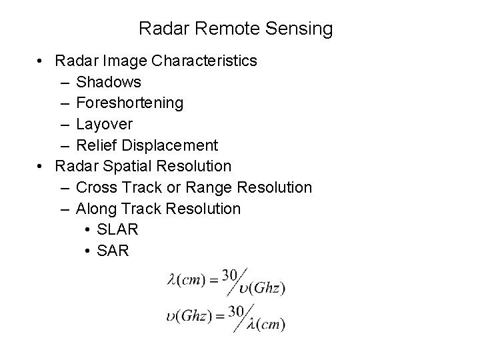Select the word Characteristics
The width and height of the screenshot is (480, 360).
205,61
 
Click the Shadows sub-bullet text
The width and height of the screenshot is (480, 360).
109,82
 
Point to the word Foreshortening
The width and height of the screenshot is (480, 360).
130,103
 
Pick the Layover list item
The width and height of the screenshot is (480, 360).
105,124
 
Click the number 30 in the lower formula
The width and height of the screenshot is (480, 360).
235,311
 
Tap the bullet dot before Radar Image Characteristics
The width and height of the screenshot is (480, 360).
41,61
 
